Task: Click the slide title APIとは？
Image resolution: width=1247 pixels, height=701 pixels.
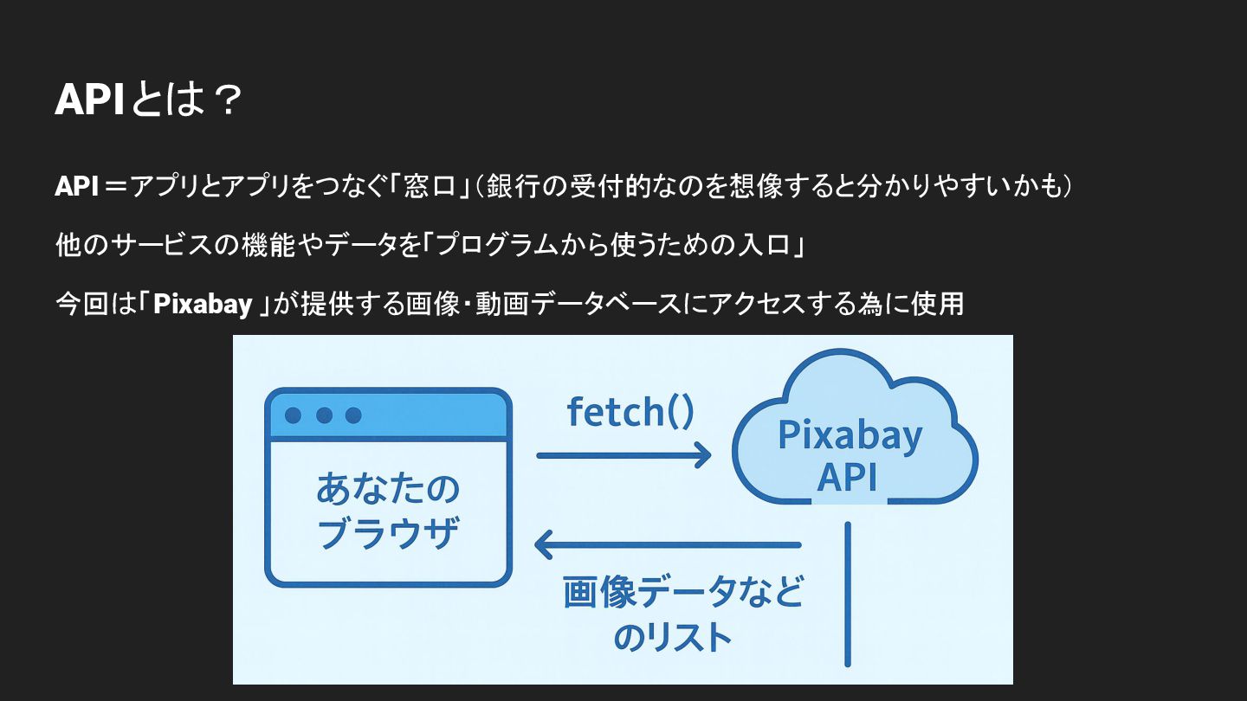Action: click(x=146, y=101)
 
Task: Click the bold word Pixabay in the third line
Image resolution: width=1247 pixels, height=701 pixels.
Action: click(x=203, y=304)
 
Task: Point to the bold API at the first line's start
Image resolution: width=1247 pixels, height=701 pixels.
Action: click(x=76, y=186)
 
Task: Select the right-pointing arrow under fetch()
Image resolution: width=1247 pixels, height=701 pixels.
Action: click(x=623, y=455)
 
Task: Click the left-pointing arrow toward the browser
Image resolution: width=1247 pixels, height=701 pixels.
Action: click(x=667, y=545)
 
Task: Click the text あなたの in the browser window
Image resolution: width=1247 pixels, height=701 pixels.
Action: click(x=387, y=490)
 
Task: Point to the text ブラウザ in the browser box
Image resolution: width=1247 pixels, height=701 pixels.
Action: click(x=387, y=534)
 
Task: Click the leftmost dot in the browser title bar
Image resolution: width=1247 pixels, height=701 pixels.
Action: click(x=293, y=415)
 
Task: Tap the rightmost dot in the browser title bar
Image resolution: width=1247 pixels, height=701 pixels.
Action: click(x=353, y=415)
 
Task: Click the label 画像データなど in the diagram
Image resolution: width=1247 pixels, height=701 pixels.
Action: click(x=683, y=594)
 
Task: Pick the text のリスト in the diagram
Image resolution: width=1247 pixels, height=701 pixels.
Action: click(x=673, y=638)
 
